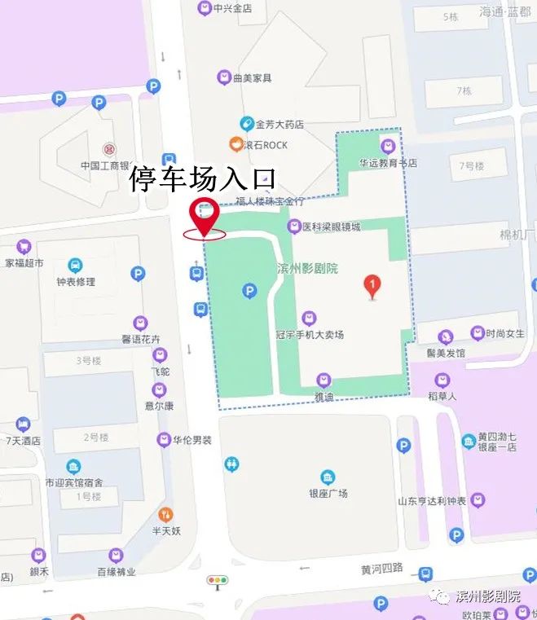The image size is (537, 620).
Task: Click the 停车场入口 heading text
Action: click(204, 179)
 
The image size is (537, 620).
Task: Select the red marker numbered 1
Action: click(372, 286)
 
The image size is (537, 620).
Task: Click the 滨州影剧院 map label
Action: click(307, 268)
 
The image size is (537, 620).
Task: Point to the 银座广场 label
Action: click(328, 493)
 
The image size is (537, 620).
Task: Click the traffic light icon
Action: click(218, 580)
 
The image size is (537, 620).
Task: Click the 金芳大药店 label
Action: click(280, 125)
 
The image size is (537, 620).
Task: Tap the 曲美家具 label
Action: click(252, 78)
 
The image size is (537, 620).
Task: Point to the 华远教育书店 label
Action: click(388, 162)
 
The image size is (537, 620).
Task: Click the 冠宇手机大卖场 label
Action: click(310, 334)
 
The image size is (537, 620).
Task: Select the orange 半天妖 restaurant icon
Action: click(165, 514)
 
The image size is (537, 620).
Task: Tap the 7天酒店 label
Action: click(24, 440)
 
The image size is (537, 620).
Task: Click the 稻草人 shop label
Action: click(442, 395)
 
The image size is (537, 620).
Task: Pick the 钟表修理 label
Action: click(76, 281)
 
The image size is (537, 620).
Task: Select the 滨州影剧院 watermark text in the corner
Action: click(488, 596)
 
